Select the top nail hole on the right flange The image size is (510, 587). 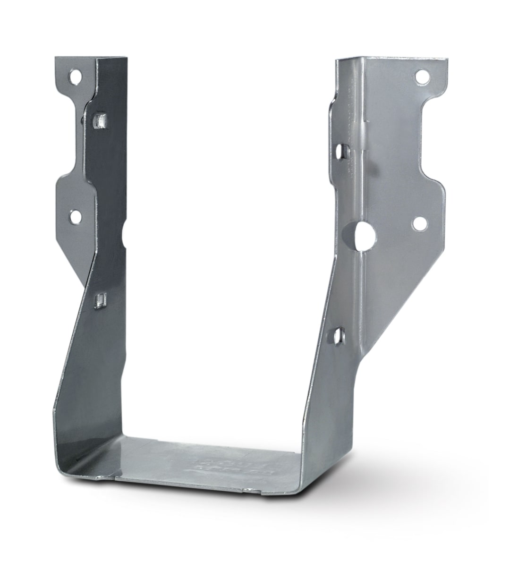pyautogui.click(x=422, y=76)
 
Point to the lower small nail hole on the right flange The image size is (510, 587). pyautogui.click(x=418, y=222)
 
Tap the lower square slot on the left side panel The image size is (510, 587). pyautogui.click(x=100, y=300)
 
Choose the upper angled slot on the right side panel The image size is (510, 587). pyautogui.click(x=341, y=152)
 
